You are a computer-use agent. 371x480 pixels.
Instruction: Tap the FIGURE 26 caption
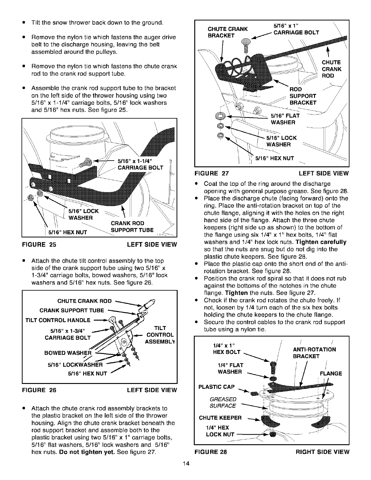(x=39, y=390)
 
